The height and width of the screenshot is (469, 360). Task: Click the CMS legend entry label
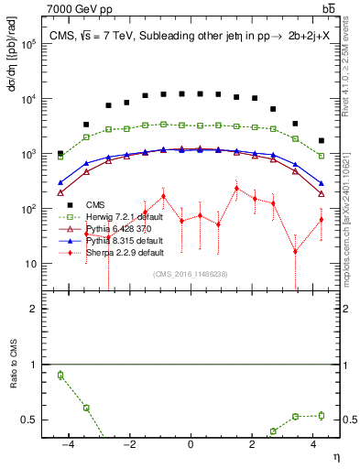click(96, 204)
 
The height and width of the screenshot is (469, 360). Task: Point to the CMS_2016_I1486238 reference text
click(190, 273)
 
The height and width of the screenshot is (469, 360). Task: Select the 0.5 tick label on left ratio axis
click(35, 420)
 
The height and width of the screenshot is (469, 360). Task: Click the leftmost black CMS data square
click(60, 154)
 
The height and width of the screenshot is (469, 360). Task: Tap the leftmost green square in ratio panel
click(60, 375)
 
